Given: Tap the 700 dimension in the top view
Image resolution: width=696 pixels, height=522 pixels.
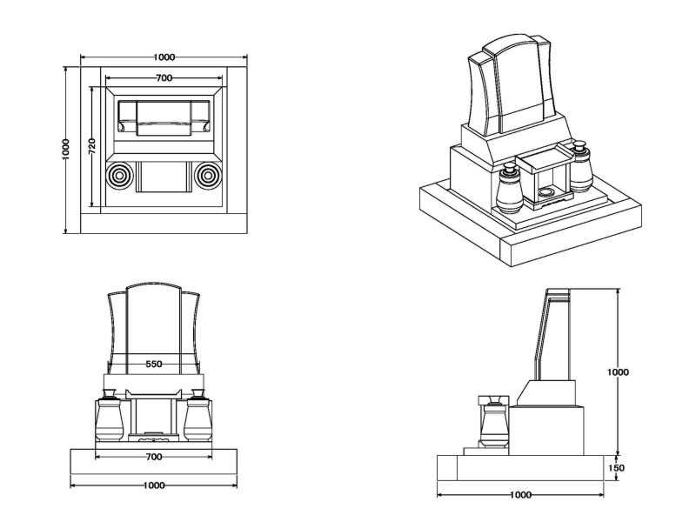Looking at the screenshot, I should [x=163, y=78].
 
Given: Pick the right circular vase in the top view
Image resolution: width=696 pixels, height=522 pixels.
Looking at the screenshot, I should [x=208, y=177].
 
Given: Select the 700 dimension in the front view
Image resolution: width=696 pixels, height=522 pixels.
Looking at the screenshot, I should [x=154, y=456].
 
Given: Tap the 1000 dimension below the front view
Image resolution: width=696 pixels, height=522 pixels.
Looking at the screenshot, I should [x=154, y=485].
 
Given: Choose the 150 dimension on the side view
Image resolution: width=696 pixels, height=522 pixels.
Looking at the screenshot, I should [x=618, y=467].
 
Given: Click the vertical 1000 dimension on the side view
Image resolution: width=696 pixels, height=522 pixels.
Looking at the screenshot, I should [x=618, y=371].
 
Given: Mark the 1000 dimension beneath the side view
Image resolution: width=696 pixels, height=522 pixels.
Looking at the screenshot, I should [x=520, y=495].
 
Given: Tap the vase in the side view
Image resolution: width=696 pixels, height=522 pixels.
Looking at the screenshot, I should [x=493, y=422].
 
